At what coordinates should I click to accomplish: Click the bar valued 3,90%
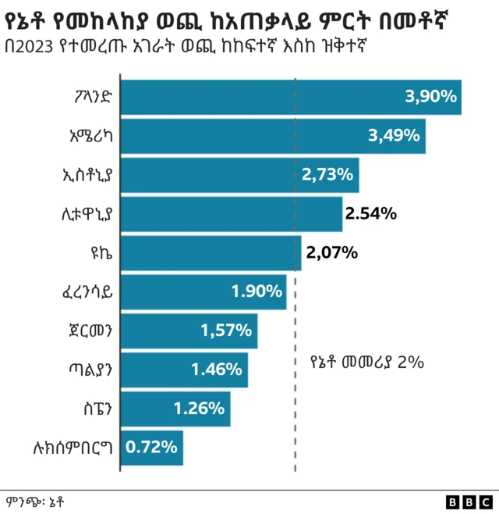[290, 97]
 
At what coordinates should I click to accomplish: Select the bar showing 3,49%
[272, 136]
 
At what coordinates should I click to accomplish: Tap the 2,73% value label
[327, 174]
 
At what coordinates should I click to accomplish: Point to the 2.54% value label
[371, 213]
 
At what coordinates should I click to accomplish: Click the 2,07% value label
[331, 252]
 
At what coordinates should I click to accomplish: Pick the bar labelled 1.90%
[203, 291]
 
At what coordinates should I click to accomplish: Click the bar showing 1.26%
[175, 408]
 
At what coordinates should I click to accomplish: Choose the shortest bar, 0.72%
[151, 447]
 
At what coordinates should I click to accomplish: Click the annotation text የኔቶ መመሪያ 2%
[366, 362]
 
